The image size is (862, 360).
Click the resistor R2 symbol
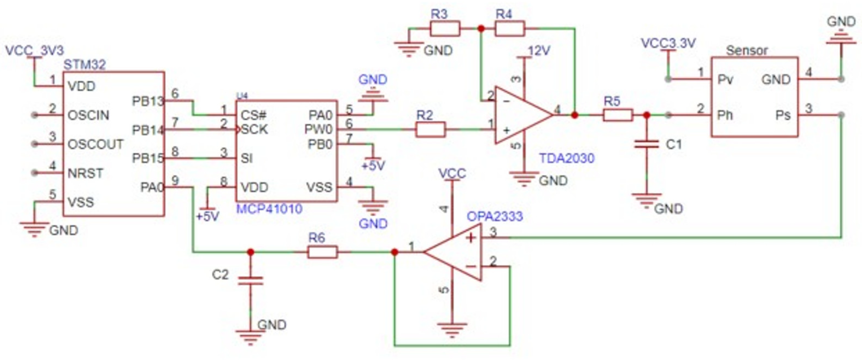pos(430,130)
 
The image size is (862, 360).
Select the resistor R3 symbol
pos(445,29)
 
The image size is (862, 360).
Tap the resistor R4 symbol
pos(510,29)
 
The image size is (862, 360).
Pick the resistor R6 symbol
pos(322,252)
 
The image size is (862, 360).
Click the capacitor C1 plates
pos(647,144)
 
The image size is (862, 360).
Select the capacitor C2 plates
pos(250,280)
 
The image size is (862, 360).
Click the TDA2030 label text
pos(567,158)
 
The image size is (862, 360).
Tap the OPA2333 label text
pos(495,216)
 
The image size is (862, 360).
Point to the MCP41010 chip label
pos(269,209)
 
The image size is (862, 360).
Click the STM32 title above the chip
pos(85,64)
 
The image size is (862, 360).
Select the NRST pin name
pos(85,173)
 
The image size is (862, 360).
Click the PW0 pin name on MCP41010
pos(318,130)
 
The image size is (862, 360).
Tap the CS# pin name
pos(253,115)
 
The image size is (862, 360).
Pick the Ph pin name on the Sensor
pos(725,115)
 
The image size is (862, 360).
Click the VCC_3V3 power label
pos(35,51)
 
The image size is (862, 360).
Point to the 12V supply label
pos(539,51)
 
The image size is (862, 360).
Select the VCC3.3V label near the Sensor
pos(668,43)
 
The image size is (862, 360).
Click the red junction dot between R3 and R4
pos(481,29)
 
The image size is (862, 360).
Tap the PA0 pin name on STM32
pos(151,187)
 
